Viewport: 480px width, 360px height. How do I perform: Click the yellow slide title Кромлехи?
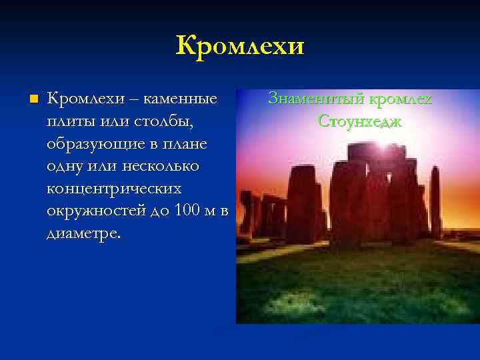pos(240,46)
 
